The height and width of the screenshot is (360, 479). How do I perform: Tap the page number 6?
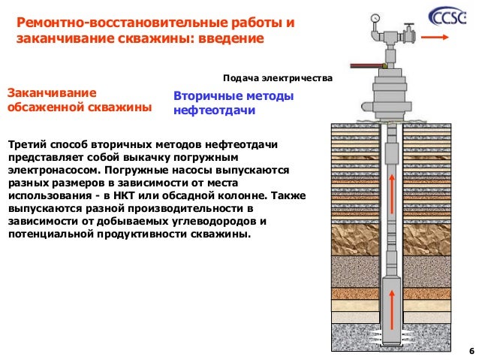(x=471, y=351)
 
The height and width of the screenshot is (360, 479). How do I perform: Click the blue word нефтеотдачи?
(x=215, y=111)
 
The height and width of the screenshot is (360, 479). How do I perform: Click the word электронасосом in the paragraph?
(x=53, y=171)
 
